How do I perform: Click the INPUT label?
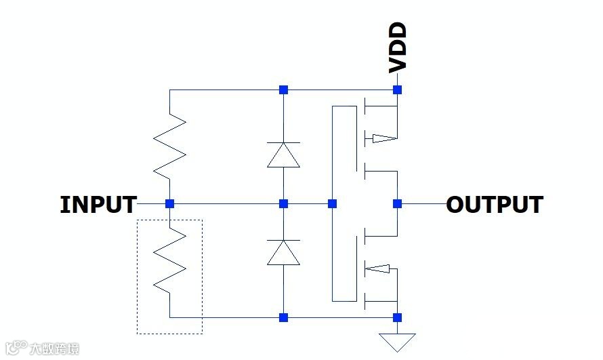tap(98, 205)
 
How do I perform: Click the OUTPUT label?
tap(495, 205)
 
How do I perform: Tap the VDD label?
tap(398, 47)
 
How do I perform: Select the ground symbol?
tap(398, 340)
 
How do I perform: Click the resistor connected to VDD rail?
tap(169, 146)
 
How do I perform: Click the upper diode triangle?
tap(283, 155)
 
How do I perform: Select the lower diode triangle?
tap(283, 252)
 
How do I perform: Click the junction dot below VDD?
tap(398, 89)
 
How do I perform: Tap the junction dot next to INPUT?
tap(170, 203)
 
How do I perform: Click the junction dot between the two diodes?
tap(284, 203)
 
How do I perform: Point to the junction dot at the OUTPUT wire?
tap(398, 203)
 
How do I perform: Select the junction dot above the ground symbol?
tap(398, 317)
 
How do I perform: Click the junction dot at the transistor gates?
tap(333, 203)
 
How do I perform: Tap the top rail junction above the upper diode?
tap(284, 89)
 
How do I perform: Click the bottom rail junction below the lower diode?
tap(284, 317)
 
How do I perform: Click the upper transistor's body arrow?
tap(381, 139)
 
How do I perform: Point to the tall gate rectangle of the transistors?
tap(344, 203)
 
